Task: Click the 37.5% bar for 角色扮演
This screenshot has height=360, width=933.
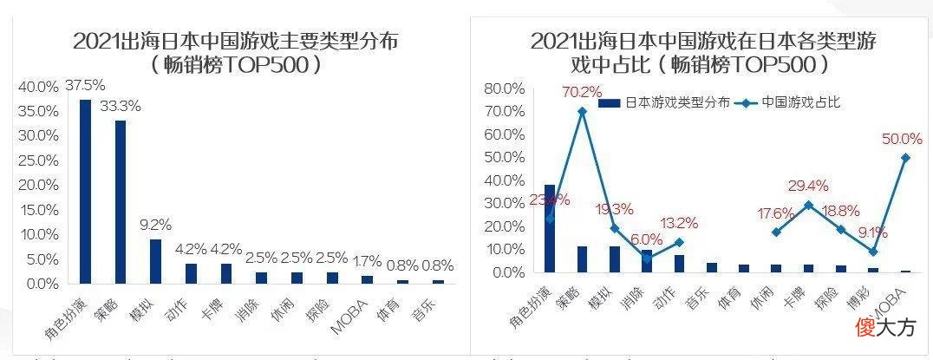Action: coord(85,191)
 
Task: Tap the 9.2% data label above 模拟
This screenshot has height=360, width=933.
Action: coord(156,225)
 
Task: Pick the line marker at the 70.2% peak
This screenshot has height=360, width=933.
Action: coord(582,111)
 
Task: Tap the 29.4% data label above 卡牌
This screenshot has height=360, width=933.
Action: coord(808,186)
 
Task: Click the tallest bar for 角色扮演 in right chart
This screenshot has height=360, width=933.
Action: coord(550,228)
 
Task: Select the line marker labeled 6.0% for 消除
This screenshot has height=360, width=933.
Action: coord(647,259)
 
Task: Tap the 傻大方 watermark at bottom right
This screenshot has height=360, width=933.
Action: coord(885,327)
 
